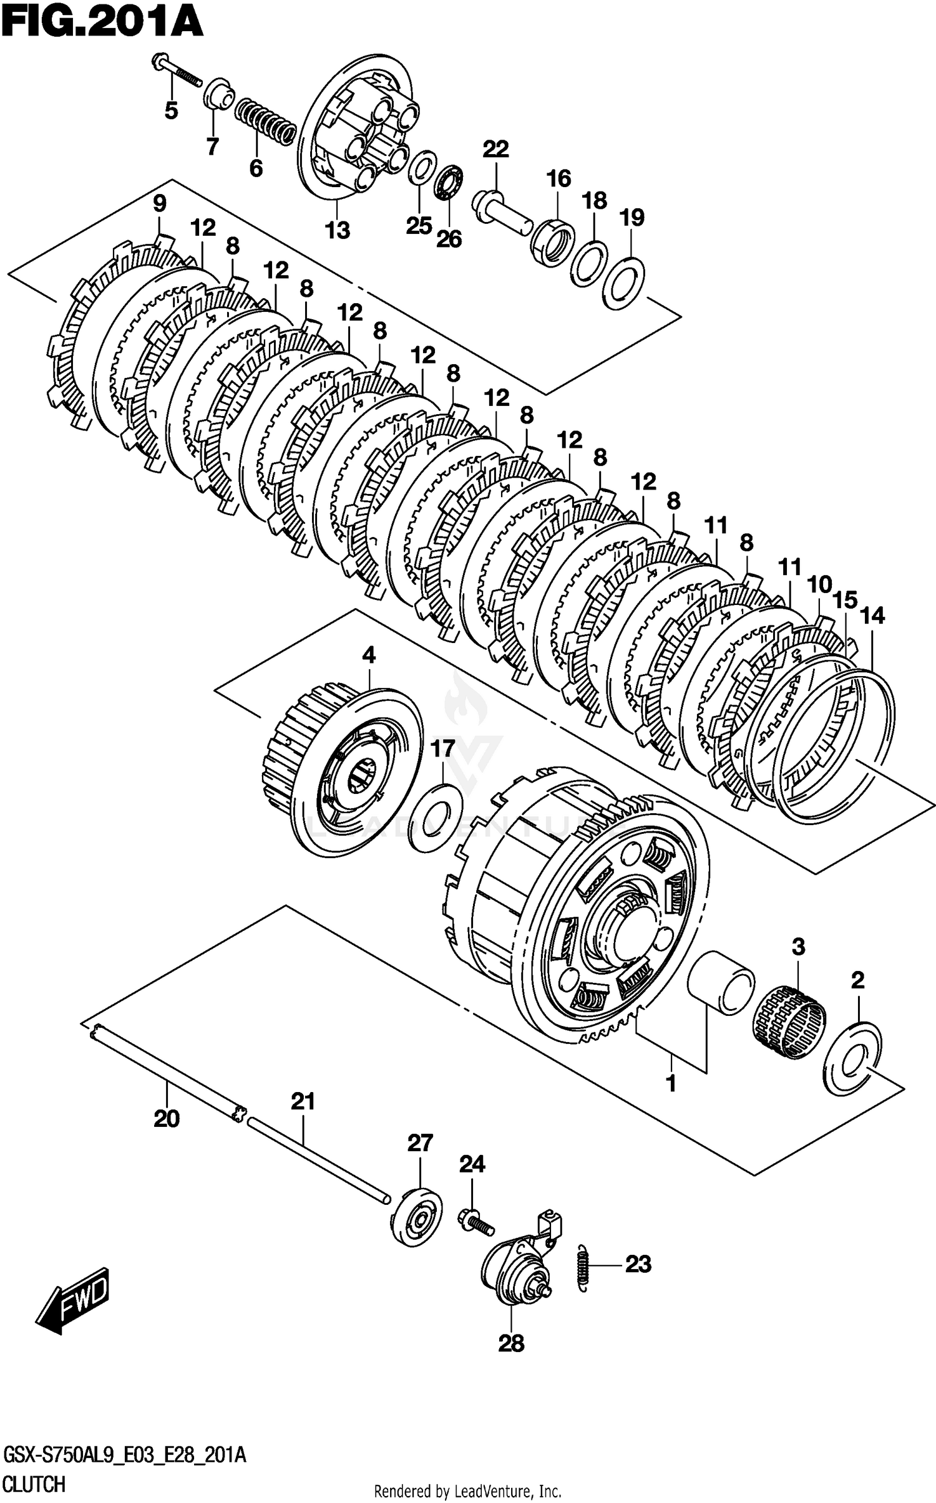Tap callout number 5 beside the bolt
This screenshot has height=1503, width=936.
[x=171, y=110]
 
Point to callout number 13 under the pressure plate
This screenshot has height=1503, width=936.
[x=337, y=230]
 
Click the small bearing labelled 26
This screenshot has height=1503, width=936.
[x=448, y=183]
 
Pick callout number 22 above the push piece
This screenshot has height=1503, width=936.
[x=495, y=149]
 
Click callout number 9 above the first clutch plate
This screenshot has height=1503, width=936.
[x=159, y=203]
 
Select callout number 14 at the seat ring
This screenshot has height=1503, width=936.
[x=872, y=616]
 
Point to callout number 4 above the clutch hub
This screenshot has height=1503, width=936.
[x=369, y=655]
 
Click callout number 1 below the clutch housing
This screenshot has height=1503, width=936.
[x=671, y=1084]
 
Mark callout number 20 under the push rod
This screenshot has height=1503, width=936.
[x=167, y=1119]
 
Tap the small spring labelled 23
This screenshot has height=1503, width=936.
[x=583, y=1265]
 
